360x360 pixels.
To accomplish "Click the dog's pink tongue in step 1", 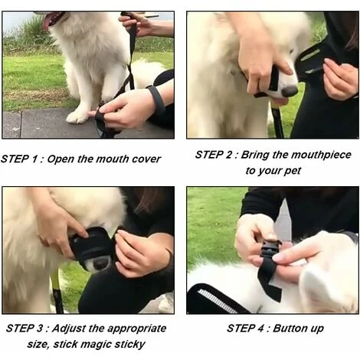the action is click(x=47, y=21).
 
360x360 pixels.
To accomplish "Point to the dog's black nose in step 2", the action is click(x=289, y=91).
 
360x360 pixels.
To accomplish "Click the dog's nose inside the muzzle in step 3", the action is click(x=101, y=263).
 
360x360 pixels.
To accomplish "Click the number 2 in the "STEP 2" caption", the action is click(x=229, y=155).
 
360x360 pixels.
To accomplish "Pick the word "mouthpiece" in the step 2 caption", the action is click(x=322, y=155).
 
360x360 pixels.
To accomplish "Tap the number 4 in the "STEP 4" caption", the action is click(x=260, y=328).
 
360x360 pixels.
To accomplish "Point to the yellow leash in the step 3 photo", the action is click(x=57, y=290).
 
